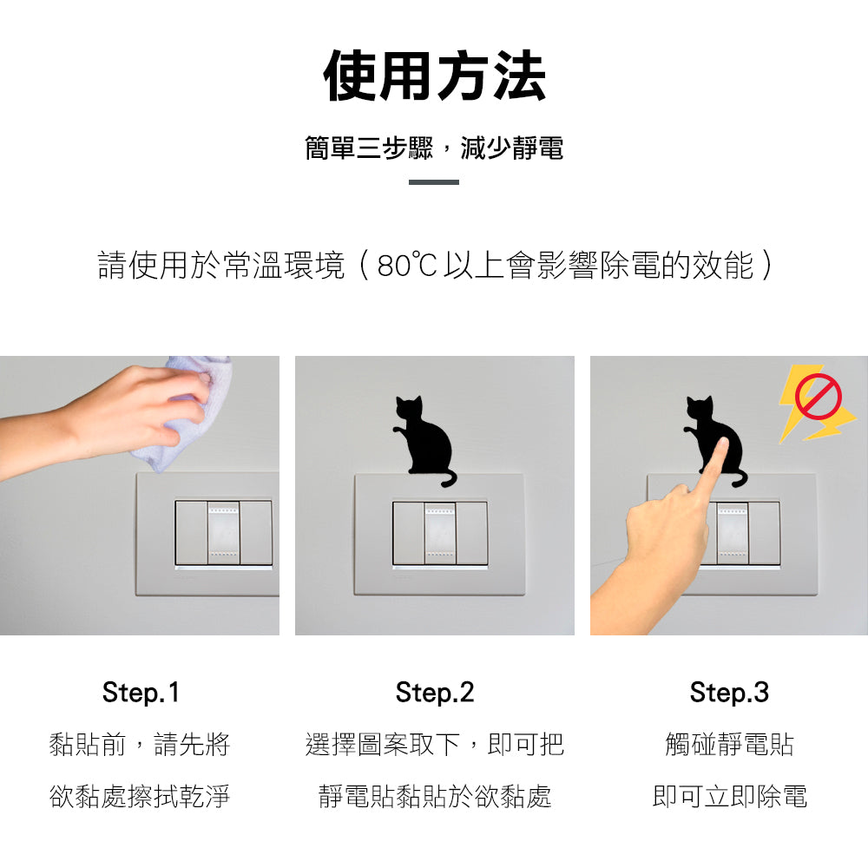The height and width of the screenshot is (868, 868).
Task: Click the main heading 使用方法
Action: [435, 76]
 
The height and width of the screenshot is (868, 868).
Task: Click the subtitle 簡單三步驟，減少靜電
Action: [435, 148]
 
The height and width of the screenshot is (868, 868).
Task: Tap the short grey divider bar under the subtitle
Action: [434, 182]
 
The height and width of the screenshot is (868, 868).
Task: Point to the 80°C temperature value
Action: [407, 265]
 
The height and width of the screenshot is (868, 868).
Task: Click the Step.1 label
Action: [141, 693]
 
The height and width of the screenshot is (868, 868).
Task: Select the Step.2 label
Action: [435, 693]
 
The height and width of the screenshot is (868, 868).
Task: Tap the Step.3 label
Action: [729, 693]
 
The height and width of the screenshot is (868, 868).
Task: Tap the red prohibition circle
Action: [819, 396]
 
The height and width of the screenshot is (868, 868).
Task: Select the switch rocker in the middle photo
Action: [440, 533]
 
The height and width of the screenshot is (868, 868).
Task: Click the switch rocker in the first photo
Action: [224, 533]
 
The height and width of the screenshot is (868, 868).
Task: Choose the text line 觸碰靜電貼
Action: [729, 744]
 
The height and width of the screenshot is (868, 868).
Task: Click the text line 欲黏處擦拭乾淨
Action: [140, 797]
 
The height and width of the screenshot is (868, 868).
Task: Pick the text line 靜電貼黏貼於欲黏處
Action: [435, 797]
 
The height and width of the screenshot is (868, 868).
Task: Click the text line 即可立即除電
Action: [729, 797]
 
